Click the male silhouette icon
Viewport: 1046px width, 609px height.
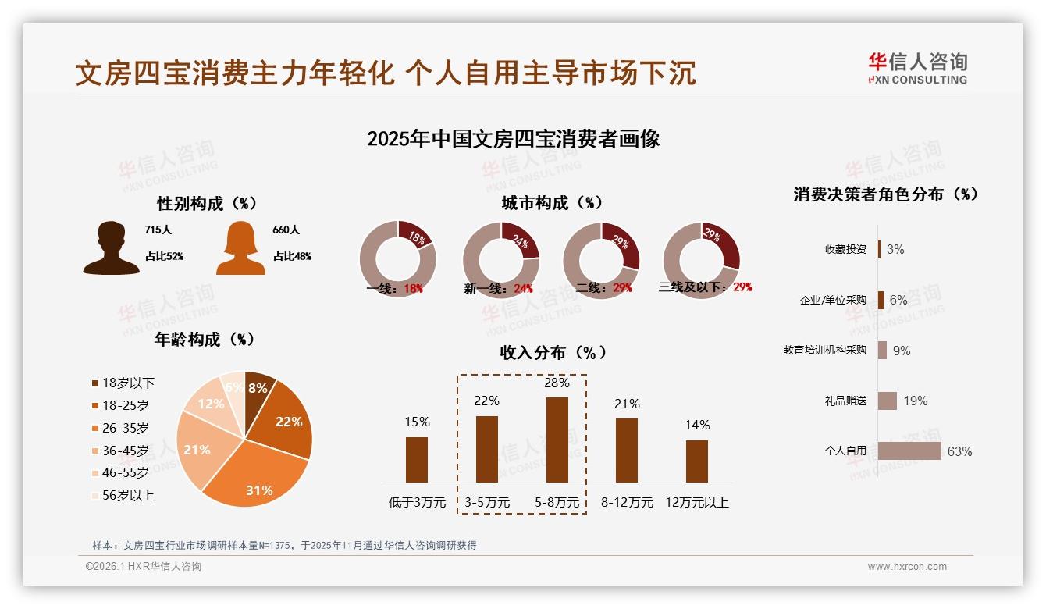click(x=111, y=248)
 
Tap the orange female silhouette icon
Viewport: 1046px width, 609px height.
click(x=240, y=248)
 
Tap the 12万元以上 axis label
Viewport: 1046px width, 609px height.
click(x=696, y=502)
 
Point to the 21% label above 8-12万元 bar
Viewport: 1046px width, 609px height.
click(x=626, y=404)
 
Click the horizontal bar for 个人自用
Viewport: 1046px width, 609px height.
click(x=909, y=451)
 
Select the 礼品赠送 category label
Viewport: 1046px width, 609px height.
click(x=845, y=401)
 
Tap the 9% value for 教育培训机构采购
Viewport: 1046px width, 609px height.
click(x=902, y=351)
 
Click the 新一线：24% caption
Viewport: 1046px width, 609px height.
click(x=498, y=288)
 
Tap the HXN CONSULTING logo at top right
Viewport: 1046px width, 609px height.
click(x=917, y=69)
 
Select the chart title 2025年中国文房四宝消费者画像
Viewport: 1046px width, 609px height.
click(x=513, y=139)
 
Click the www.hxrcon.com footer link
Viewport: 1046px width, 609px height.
click(x=907, y=567)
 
